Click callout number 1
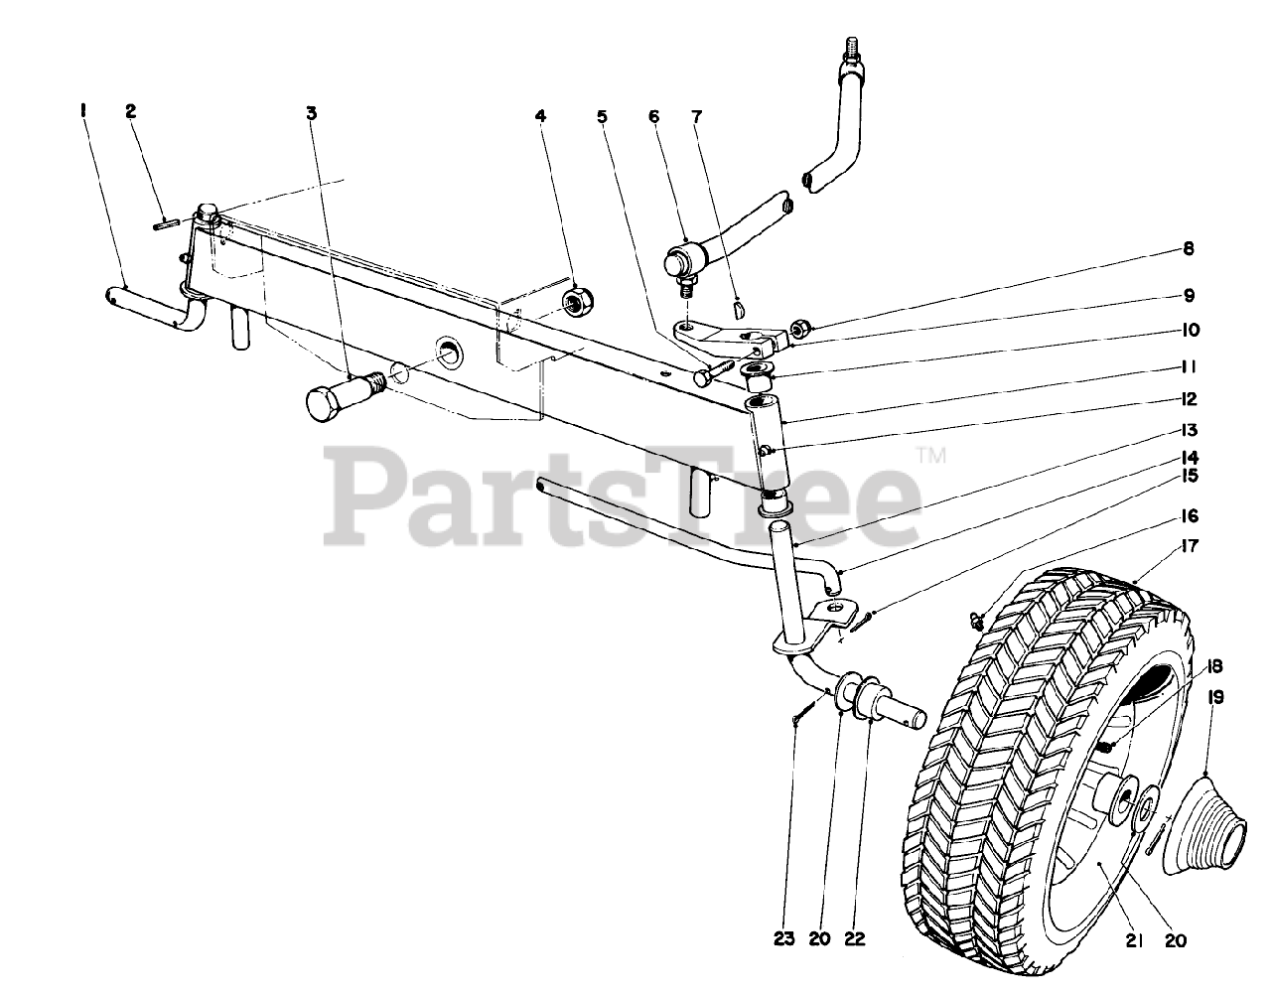[84, 113]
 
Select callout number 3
[312, 114]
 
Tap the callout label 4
[540, 116]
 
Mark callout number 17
[1190, 545]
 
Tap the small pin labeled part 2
[166, 223]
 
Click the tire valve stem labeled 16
[976, 622]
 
